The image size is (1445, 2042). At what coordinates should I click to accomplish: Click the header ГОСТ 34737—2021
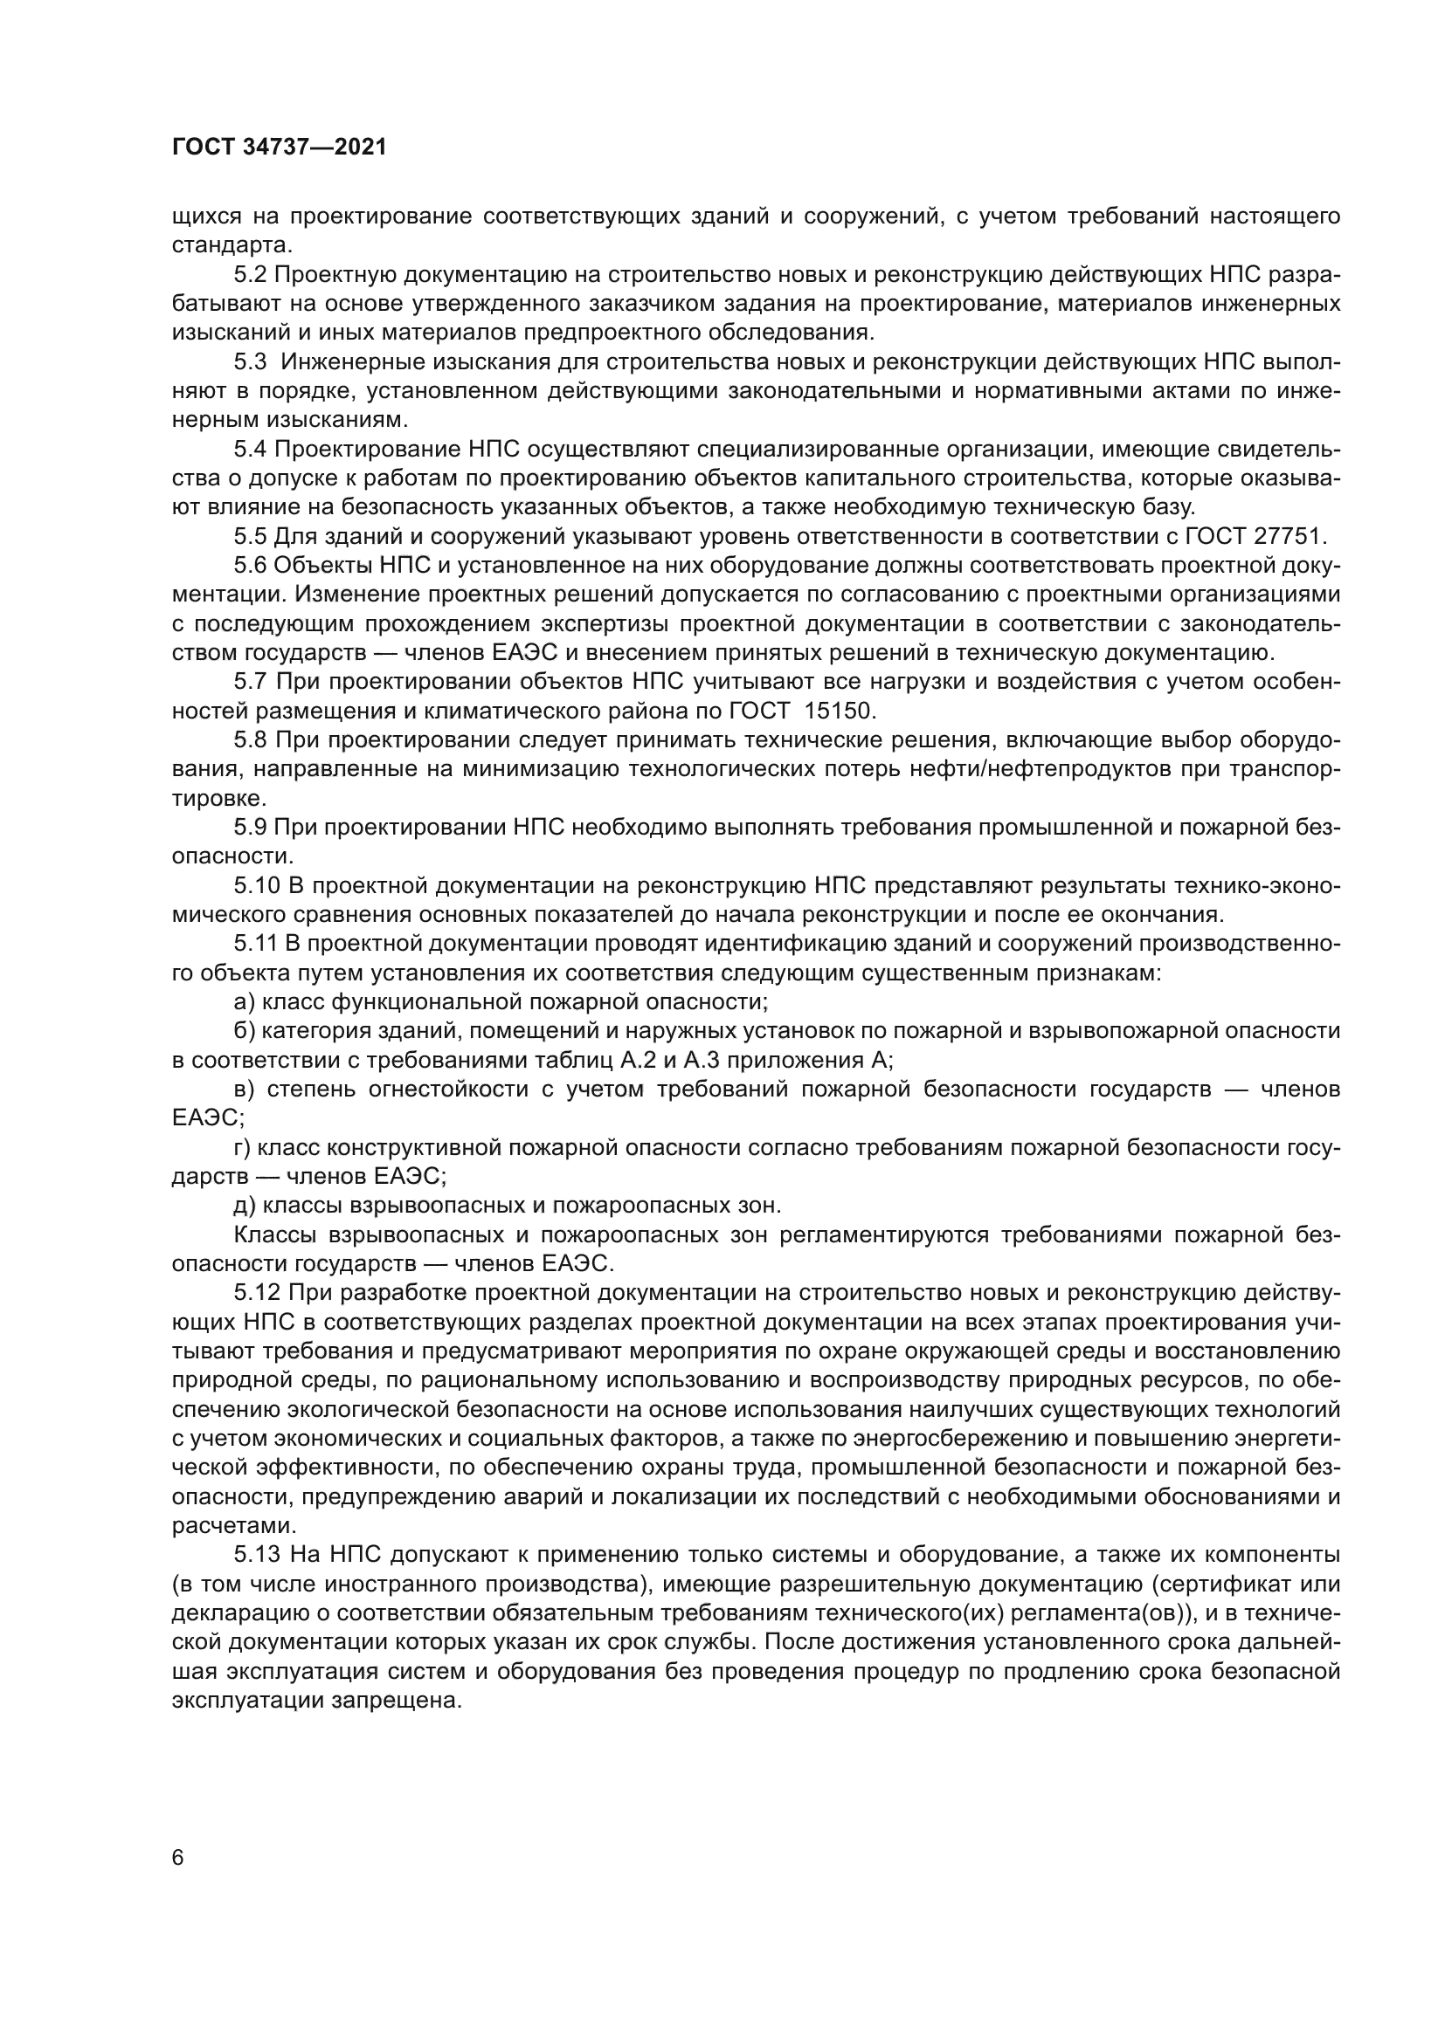(280, 148)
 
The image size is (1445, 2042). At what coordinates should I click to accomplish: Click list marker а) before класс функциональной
(244, 1002)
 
